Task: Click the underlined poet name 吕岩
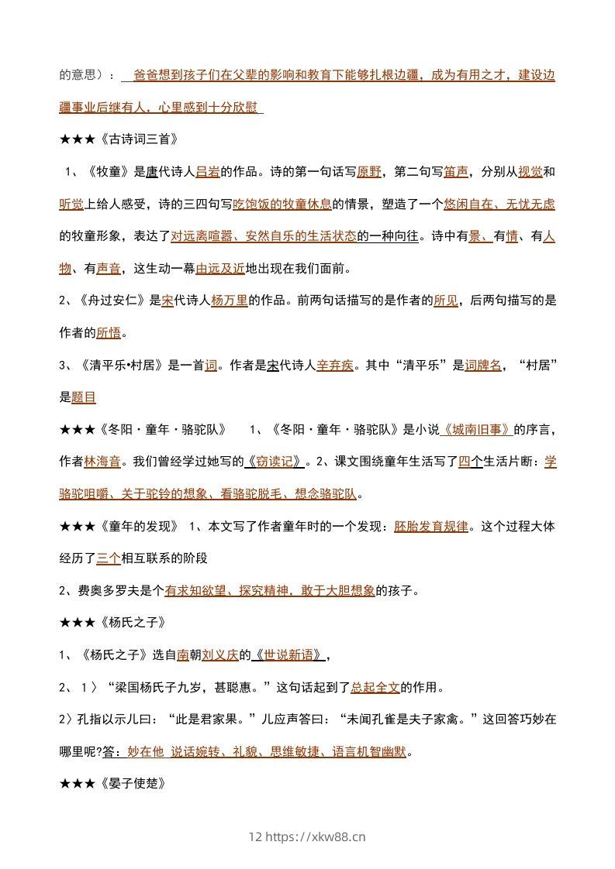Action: coord(209,172)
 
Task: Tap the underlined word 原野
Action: coord(369,172)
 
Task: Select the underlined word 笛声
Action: coord(457,172)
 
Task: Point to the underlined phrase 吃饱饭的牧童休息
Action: coord(282,204)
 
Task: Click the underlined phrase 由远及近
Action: coord(220,269)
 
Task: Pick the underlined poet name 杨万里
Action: coord(229,301)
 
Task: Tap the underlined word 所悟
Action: coord(109,333)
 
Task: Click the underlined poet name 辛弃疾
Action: coord(335,365)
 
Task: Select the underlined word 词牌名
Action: coord(483,365)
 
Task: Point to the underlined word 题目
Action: coord(84,397)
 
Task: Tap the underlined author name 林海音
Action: coord(102,462)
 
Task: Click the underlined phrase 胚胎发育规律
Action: coord(430,526)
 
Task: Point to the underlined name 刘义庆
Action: coord(220,654)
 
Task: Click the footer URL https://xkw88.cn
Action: coord(315,836)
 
